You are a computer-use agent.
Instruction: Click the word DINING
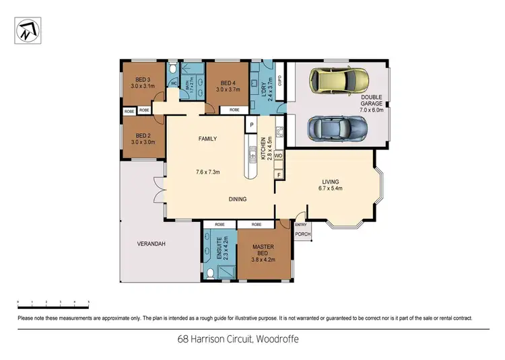tap(237, 199)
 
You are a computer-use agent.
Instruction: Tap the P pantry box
tap(250, 124)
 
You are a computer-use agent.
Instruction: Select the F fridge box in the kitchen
tap(278, 175)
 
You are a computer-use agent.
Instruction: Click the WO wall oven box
tap(277, 155)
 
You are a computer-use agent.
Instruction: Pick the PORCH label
tap(303, 235)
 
